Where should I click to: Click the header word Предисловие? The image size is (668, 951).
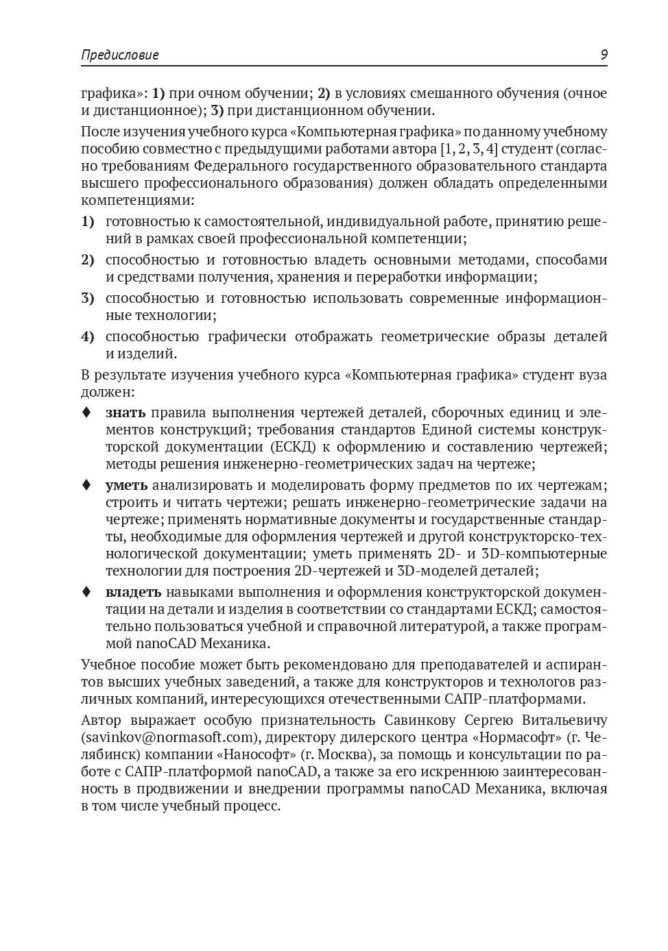coord(119,55)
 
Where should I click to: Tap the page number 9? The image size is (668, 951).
coord(604,55)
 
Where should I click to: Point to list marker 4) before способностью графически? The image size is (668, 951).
coord(87,336)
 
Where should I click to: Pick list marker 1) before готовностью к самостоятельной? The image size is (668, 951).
coord(87,221)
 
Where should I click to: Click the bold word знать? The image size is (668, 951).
coord(126,412)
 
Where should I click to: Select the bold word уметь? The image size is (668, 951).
coord(126,485)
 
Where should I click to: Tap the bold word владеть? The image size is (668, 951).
coord(133,592)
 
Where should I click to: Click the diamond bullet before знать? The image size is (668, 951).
coord(86,412)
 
